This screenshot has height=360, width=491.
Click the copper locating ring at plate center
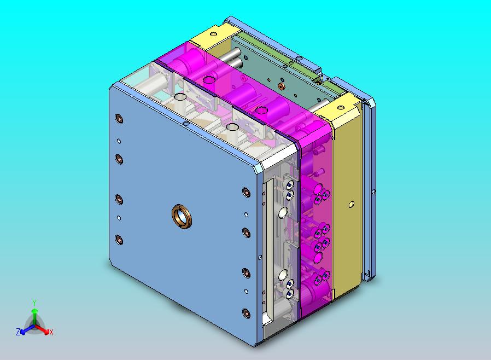[x=182, y=216]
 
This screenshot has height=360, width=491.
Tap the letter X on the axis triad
[x=51, y=332]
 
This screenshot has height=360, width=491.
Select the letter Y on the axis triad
[x=34, y=303]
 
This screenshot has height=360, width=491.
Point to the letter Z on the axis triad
[x=18, y=332]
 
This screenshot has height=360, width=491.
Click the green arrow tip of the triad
[x=35, y=311]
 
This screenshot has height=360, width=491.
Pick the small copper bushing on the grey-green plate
[x=281, y=86]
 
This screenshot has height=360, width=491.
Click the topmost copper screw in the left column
[x=119, y=119]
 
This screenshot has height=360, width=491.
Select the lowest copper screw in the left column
[x=119, y=240]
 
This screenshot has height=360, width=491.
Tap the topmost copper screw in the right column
[x=246, y=192]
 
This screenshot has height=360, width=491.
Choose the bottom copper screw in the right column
[x=246, y=313]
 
